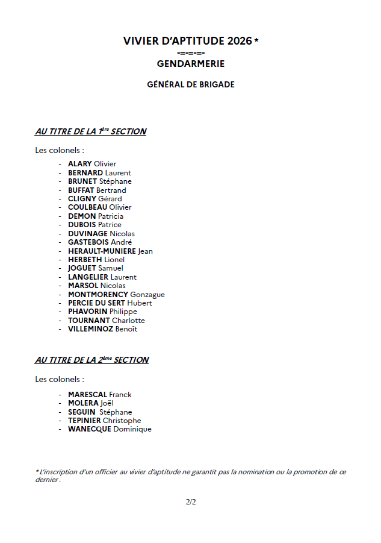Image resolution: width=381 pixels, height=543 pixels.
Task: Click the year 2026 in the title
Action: point(240,41)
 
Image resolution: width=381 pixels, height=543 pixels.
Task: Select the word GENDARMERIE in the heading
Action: point(191,63)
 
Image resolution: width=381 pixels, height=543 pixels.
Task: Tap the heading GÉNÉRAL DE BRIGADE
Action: point(191,85)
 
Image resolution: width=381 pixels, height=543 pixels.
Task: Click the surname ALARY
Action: point(79,164)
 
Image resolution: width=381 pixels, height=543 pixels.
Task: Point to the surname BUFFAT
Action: point(81,190)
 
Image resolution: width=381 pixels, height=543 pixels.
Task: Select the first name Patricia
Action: point(111,216)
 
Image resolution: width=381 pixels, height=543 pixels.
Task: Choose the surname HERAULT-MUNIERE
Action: point(102,251)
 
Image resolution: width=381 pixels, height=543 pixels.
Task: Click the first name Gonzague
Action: point(147,295)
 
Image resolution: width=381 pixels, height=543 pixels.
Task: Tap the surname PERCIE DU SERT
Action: point(97,303)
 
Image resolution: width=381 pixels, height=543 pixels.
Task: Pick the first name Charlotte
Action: point(128,321)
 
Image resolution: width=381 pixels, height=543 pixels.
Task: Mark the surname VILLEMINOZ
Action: point(91,329)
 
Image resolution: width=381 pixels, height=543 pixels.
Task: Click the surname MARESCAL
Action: point(87,395)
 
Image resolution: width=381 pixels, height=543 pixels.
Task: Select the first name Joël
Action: point(107,403)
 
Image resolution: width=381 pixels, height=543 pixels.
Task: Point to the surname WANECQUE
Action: point(90,429)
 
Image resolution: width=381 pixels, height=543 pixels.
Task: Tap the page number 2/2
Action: point(191,501)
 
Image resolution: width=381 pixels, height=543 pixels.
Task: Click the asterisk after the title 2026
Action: point(256,40)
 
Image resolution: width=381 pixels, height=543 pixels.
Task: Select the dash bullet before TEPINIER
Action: point(60,421)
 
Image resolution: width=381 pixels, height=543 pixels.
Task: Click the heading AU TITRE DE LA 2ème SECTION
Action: point(91,360)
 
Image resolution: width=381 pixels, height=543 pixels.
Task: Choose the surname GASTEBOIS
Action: point(88,242)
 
